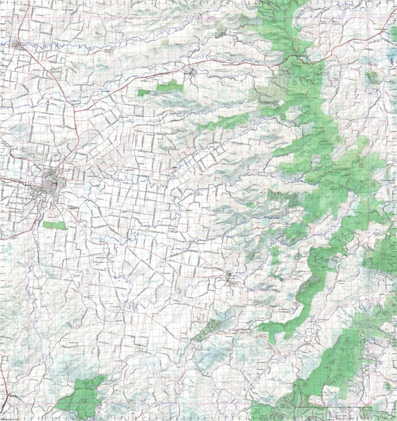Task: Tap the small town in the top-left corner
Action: (x=18, y=44)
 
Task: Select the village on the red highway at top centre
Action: (x=192, y=72)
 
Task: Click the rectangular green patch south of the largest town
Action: (x=54, y=225)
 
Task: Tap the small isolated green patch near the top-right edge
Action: (x=372, y=76)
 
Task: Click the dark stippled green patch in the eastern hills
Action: (x=282, y=198)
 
